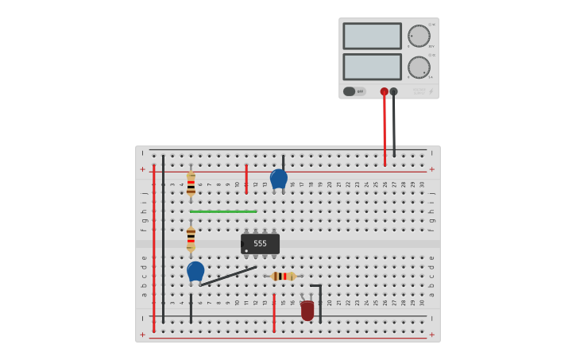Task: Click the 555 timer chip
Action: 260,244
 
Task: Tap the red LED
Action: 307,310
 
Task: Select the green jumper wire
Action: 223,211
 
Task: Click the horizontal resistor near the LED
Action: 283,277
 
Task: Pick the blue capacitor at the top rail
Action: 278,179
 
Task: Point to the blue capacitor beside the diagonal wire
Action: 195,271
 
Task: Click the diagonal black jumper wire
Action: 228,276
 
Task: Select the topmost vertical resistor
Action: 191,184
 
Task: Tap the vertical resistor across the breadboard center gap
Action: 191,238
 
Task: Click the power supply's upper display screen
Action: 372,36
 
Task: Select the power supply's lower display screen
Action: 372,67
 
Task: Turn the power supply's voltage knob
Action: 419,36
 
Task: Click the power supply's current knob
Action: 419,68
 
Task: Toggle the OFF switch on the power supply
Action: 354,91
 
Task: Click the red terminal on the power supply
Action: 385,91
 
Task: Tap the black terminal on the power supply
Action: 394,91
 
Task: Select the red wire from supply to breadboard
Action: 385,131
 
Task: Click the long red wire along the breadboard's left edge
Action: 153,238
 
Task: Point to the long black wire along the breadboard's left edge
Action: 163,238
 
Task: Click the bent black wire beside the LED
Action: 320,302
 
